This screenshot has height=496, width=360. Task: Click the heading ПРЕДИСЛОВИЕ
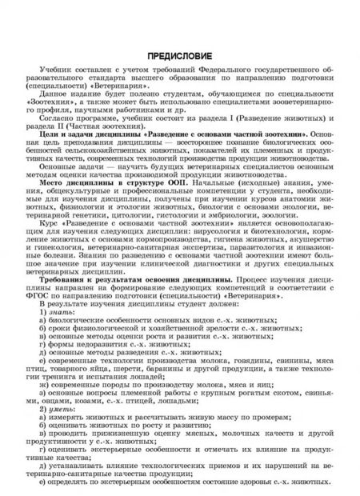pyautogui.click(x=178, y=56)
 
